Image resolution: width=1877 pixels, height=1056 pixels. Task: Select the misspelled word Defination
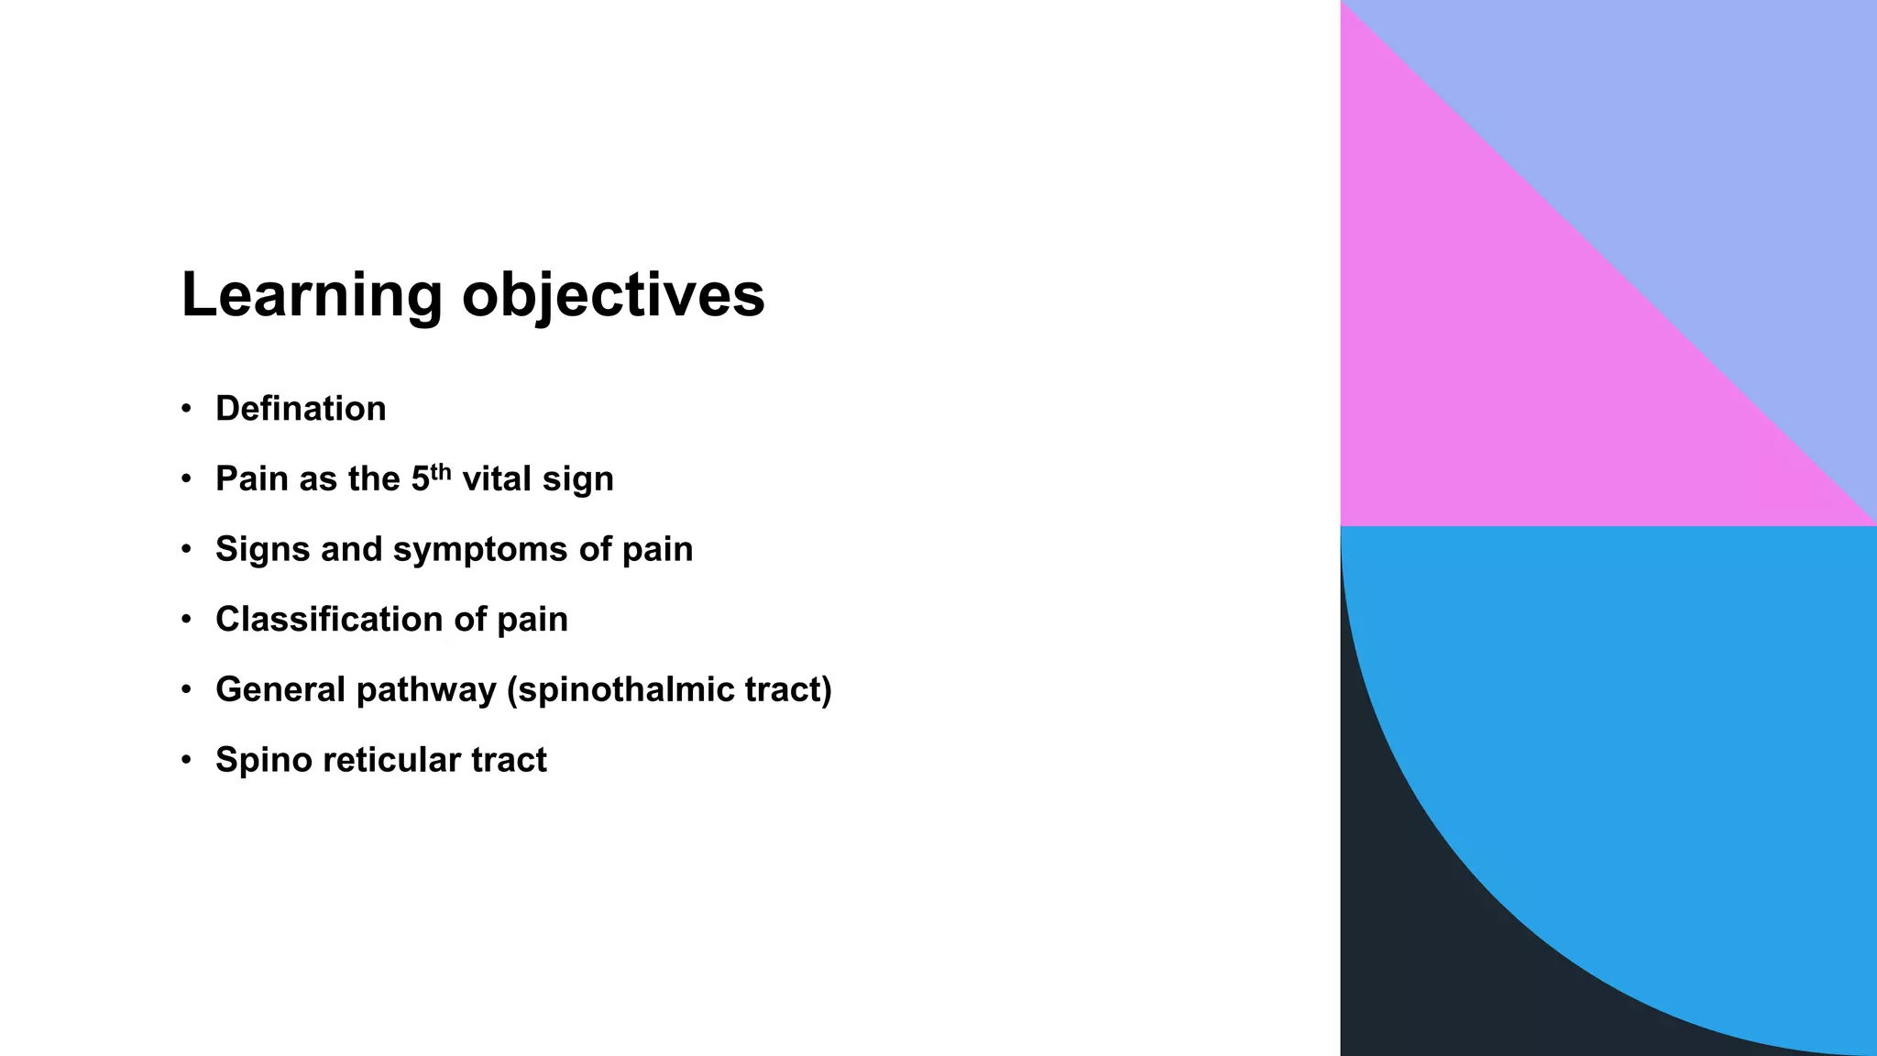[x=301, y=409]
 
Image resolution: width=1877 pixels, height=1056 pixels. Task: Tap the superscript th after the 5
[x=441, y=472]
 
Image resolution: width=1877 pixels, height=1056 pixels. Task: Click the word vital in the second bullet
[x=496, y=478]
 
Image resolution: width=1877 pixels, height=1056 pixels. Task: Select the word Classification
[x=329, y=620]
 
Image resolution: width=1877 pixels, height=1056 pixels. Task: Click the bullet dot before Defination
[x=187, y=409]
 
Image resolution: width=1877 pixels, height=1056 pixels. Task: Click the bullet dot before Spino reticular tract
[x=187, y=760]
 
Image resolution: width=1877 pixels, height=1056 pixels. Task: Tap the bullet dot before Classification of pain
[x=187, y=620]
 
